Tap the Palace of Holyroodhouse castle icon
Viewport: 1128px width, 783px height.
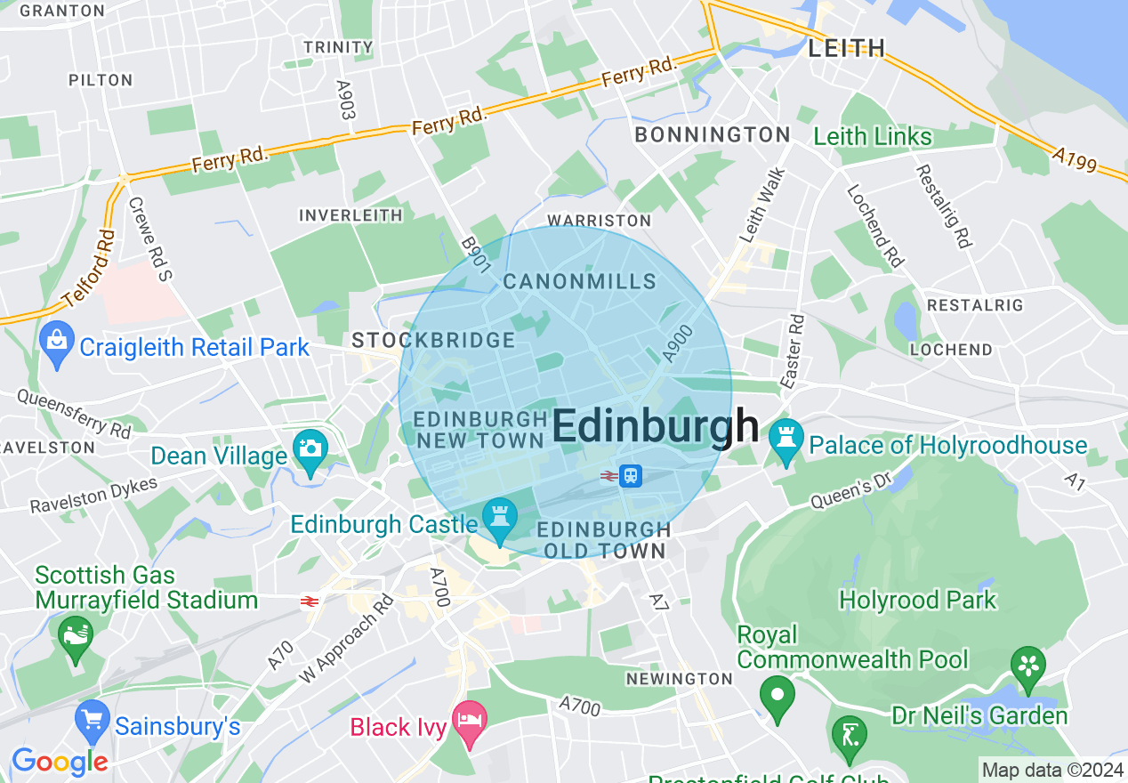pos(786,440)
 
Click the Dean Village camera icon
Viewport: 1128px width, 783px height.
pos(310,450)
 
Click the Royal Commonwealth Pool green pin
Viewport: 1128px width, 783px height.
pos(778,697)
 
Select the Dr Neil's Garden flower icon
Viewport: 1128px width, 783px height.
pos(1027,667)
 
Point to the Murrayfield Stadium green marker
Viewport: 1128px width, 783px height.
pos(76,637)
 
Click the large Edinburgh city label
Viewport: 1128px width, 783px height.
pos(656,427)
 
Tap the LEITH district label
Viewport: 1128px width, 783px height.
pos(846,48)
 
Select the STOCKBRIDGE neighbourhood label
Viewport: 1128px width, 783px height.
pos(433,340)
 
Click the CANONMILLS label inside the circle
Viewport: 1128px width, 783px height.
pos(579,282)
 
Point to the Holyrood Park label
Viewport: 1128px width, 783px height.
pos(918,600)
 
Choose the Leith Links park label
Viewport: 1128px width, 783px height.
pos(873,136)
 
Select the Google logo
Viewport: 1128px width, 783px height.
pos(60,761)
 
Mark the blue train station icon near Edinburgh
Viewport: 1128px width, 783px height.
pos(631,475)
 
